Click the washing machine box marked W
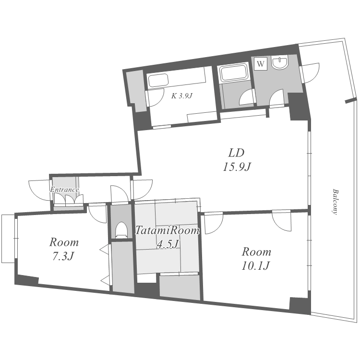pos(261,63)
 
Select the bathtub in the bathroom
pos(233,73)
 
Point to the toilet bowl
pos(121,229)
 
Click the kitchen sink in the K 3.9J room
pos(158,81)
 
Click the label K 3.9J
pos(181,96)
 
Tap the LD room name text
pos(236,153)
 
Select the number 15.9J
pos(237,167)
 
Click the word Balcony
pos(335,202)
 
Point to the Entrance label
pos(64,190)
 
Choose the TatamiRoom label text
pos(167,230)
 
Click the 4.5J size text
pos(168,244)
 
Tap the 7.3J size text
pos(63,256)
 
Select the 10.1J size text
pos(255,266)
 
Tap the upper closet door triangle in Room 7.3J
pos(104,250)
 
